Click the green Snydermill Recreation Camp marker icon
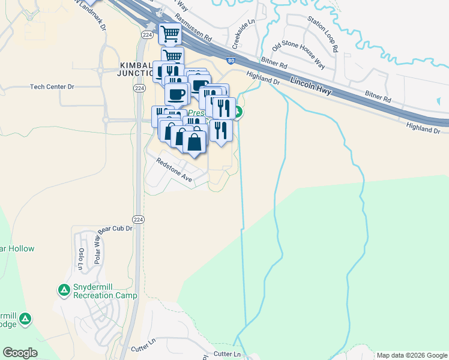tap(64, 290)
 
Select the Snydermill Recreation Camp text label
tap(105, 291)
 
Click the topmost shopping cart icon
tap(170, 34)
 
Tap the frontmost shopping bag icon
tap(194, 142)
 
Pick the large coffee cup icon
tap(176, 94)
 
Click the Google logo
tap(20, 353)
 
